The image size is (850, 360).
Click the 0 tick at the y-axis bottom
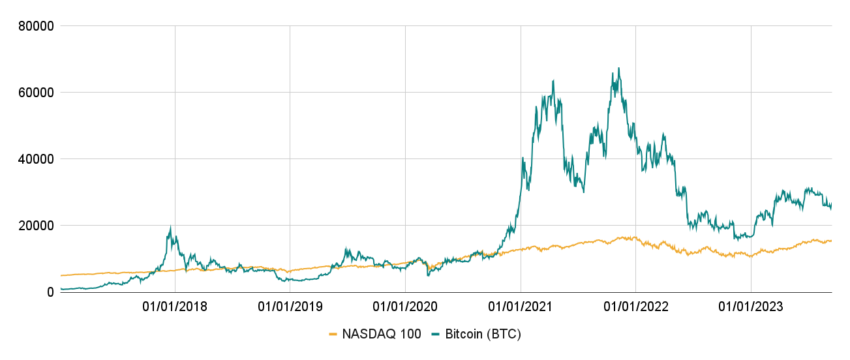click(x=48, y=291)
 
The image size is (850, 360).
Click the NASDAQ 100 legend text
click(x=383, y=333)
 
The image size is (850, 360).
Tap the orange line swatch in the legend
click(x=334, y=333)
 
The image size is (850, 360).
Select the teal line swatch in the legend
click(x=436, y=333)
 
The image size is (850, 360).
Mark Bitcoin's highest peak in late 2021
click(x=619, y=69)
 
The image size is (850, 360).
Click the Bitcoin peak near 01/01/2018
click(x=171, y=227)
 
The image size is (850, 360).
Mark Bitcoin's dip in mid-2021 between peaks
click(x=581, y=191)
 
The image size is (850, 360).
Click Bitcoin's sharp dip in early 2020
click(x=428, y=274)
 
